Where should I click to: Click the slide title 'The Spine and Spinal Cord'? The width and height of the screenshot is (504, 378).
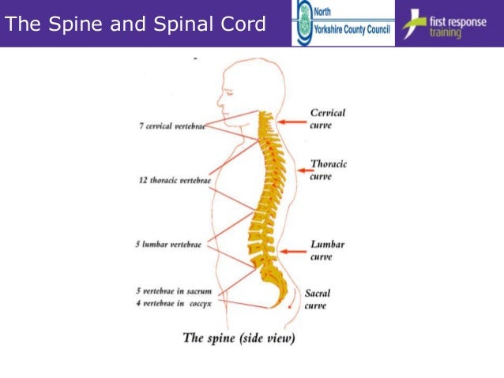click(x=136, y=24)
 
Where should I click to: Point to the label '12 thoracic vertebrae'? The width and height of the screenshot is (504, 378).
click(x=175, y=181)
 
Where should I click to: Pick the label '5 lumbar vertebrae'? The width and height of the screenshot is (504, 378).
click(x=168, y=245)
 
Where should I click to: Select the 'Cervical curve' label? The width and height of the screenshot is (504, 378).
click(x=327, y=119)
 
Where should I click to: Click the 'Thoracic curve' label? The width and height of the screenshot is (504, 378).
click(x=328, y=170)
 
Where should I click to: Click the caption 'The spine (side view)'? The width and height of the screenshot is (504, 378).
click(x=239, y=339)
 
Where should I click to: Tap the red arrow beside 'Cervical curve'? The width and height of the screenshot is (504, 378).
click(x=291, y=121)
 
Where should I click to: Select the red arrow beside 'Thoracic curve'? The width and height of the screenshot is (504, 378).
click(x=301, y=169)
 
